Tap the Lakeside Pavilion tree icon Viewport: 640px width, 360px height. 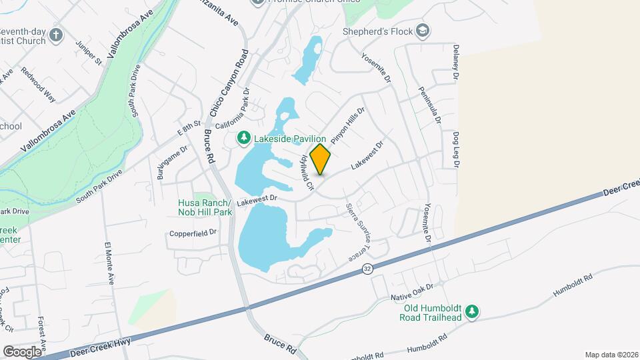click(x=245, y=138)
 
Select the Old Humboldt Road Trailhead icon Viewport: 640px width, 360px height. click(x=472, y=311)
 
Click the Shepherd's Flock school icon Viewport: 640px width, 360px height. click(x=422, y=31)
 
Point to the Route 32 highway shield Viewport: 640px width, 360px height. click(x=367, y=268)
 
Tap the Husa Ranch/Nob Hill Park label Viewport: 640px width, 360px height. click(x=205, y=207)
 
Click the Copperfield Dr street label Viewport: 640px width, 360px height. click(x=193, y=233)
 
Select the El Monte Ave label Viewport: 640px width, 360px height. click(x=108, y=263)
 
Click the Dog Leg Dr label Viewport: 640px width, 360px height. click(x=457, y=152)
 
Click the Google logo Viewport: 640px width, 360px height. click(x=22, y=351)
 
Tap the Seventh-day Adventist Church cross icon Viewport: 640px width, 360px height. click(x=57, y=35)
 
